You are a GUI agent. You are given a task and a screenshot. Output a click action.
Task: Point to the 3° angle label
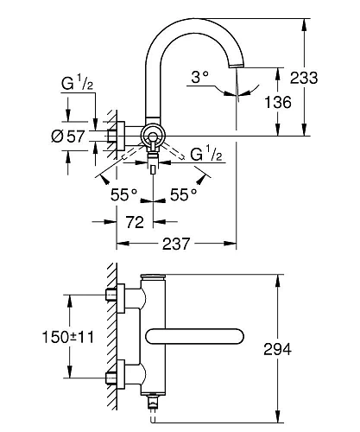pos(200,78)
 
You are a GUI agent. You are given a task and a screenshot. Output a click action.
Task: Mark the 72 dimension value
pos(134,223)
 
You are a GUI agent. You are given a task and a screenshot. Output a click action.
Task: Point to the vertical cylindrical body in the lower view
pos(153,337)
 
